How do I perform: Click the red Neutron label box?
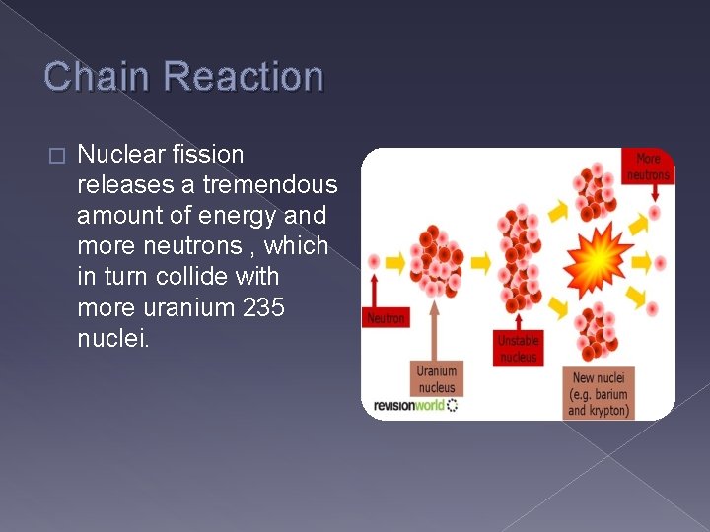387,318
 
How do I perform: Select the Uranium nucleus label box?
436,379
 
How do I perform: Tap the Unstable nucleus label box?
518,348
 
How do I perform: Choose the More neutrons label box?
648,166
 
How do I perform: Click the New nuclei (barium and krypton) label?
599,393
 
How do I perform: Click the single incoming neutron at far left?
374,262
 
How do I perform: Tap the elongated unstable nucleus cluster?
519,260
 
